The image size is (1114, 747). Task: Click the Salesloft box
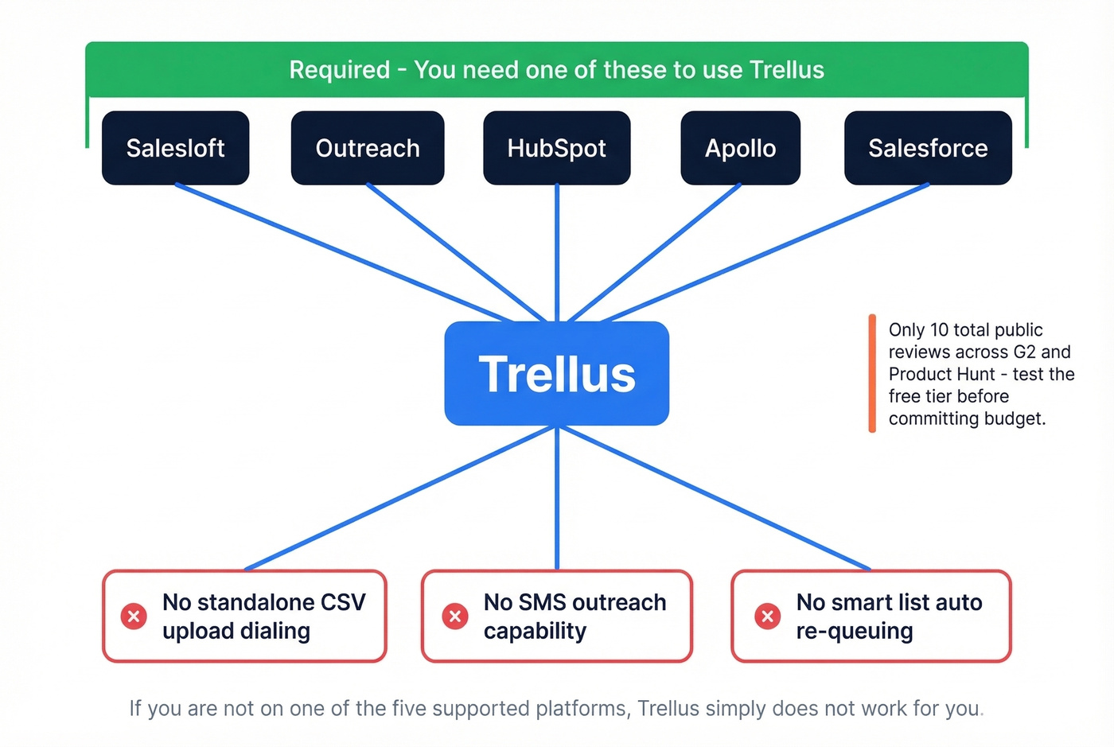pos(175,148)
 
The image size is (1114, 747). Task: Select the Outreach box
pos(367,148)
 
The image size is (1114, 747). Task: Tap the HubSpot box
pos(556,148)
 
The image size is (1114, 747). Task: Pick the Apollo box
pos(740,148)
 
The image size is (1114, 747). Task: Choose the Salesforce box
pos(927,148)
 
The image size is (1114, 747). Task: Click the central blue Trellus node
pos(556,373)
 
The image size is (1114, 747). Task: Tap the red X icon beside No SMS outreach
pos(455,616)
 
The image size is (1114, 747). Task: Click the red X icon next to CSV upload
pos(134,616)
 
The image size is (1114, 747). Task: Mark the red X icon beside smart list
pos(768,616)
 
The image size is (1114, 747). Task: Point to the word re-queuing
pos(854,631)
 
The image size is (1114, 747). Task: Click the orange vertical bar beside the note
pos(872,373)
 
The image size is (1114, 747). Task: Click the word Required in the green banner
pos(339,70)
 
